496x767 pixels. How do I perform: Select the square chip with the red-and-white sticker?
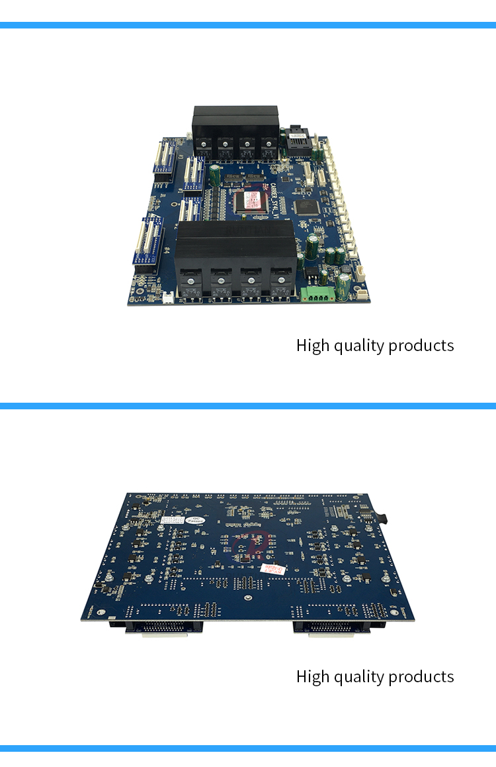[x=253, y=200]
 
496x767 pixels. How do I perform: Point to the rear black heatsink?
[x=235, y=123]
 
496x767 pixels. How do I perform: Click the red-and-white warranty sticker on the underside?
[x=272, y=569]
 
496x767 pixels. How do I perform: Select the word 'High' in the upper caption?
[x=312, y=346]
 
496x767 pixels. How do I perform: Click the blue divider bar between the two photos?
[x=248, y=405]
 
